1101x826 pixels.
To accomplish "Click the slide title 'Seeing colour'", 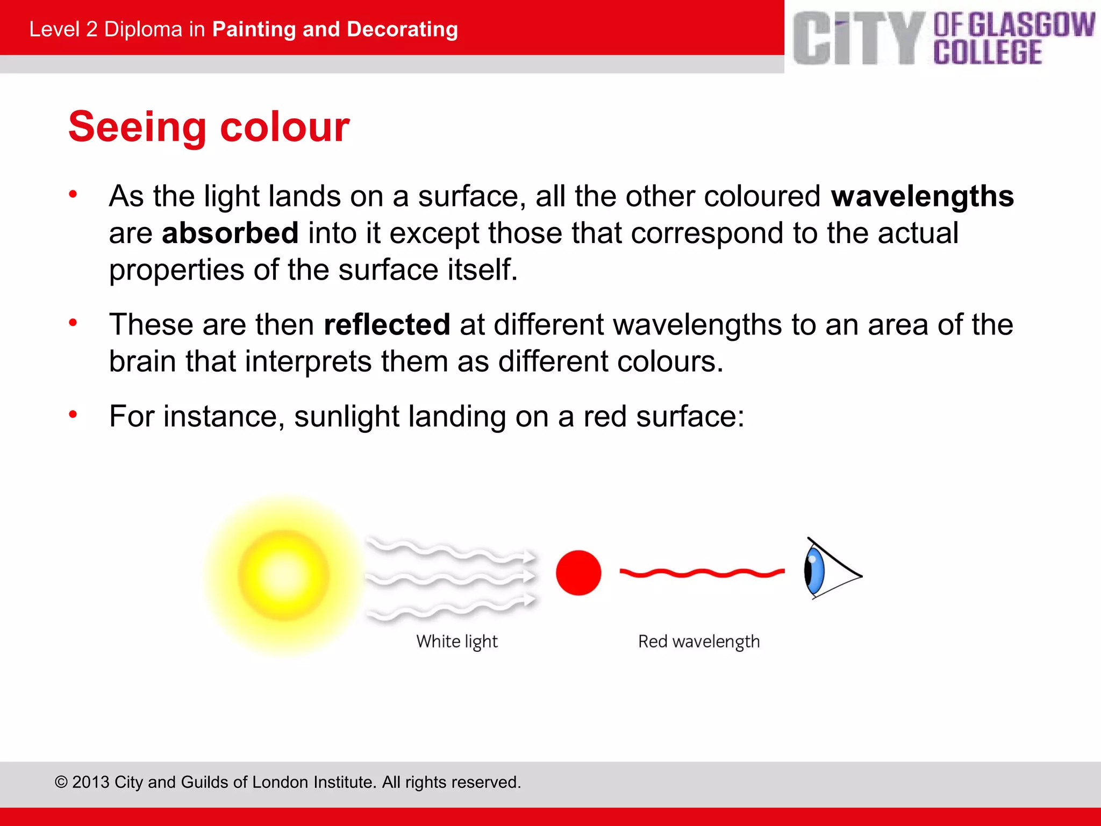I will [209, 127].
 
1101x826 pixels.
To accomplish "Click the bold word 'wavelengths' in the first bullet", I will [922, 196].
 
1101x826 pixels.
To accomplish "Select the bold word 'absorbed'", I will [230, 233].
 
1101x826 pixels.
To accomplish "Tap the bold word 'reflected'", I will [387, 324].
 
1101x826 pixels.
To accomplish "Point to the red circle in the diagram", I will [578, 573].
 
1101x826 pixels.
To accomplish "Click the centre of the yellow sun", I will [283, 575].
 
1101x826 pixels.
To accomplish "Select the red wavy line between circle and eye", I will [702, 573].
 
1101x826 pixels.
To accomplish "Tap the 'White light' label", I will [457, 642].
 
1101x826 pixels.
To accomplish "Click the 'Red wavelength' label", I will [699, 642].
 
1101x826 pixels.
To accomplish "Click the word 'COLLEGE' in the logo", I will [987, 53].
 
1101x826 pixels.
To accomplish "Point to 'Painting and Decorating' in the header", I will [335, 29].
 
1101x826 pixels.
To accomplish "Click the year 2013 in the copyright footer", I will [91, 782].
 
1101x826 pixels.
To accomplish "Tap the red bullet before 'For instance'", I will [73, 415].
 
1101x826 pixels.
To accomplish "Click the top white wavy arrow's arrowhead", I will [529, 557].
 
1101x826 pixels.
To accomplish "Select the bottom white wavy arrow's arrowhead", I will [529, 599].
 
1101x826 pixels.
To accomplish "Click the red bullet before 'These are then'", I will [73, 323].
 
